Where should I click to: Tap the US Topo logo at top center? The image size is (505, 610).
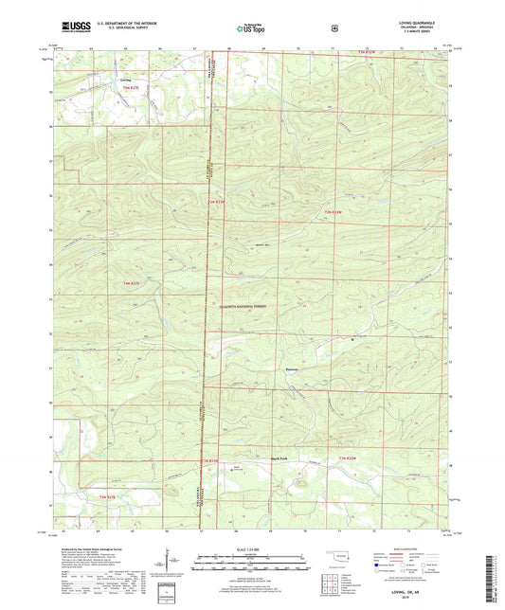pyautogui.click(x=250, y=29)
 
